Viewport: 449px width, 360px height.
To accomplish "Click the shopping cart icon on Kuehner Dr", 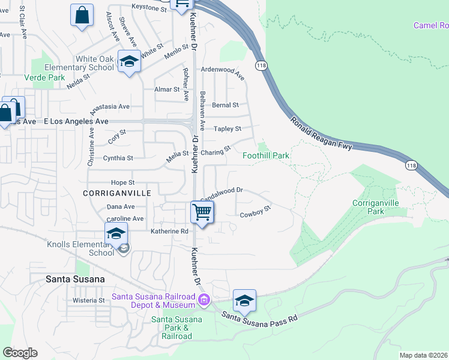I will tap(202, 212).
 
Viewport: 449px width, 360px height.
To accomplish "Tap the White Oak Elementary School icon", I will tap(129, 62).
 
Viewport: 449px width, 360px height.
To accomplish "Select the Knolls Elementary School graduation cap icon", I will tap(116, 234).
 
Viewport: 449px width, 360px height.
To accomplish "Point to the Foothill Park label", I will tap(266, 155).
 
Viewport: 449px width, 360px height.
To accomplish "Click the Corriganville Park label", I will tap(376, 207).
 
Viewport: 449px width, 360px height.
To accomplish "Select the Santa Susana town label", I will tap(75, 279).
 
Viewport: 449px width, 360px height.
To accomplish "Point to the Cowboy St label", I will tap(256, 212).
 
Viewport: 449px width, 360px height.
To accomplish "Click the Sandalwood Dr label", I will tap(221, 193).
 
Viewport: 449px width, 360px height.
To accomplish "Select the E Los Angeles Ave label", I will tap(76, 121).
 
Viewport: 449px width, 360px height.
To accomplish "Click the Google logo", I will tap(20, 353).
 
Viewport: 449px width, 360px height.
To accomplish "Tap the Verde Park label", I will tap(44, 77).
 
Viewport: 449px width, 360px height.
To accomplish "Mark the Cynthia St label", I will tap(118, 158).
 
